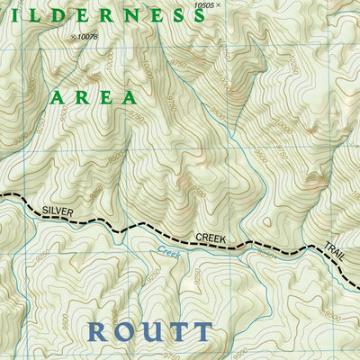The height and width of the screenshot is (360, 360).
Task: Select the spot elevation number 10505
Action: tap(203, 5)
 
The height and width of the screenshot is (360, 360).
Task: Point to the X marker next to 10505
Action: tap(221, 5)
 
